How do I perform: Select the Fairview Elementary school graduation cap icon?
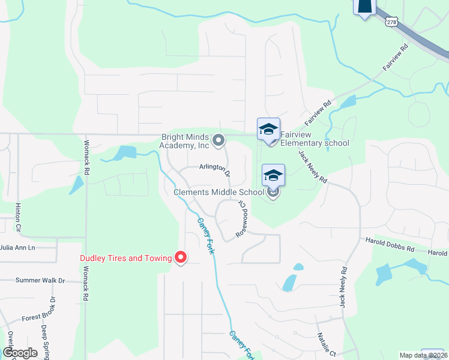point(268,128)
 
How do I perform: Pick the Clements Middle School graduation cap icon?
point(273,175)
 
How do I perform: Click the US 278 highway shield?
point(392,22)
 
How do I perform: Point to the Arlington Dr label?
point(215,170)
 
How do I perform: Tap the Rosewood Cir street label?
point(242,218)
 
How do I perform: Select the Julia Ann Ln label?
point(18,247)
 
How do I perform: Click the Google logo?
point(19,353)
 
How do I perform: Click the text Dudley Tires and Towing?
point(126,259)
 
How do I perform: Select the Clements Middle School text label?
point(218,192)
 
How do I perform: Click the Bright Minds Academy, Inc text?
point(185,140)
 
